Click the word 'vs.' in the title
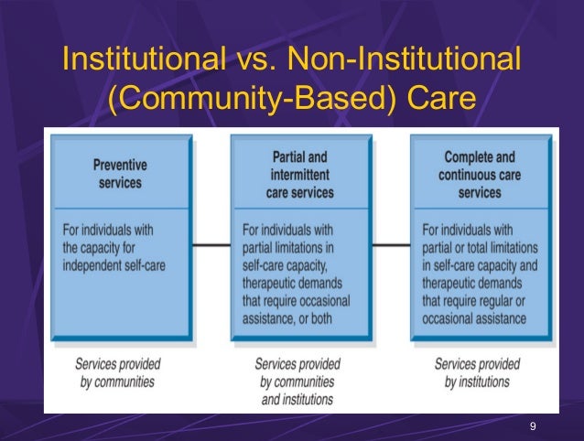(x=252, y=60)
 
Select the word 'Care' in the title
(x=438, y=98)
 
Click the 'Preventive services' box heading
(x=119, y=174)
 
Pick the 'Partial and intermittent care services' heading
(x=299, y=175)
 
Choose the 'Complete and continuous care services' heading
(x=480, y=174)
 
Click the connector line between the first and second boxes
(x=211, y=244)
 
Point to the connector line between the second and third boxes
(x=391, y=244)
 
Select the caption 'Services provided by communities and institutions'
(x=297, y=381)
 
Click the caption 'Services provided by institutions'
(x=476, y=371)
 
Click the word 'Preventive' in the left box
(x=119, y=166)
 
